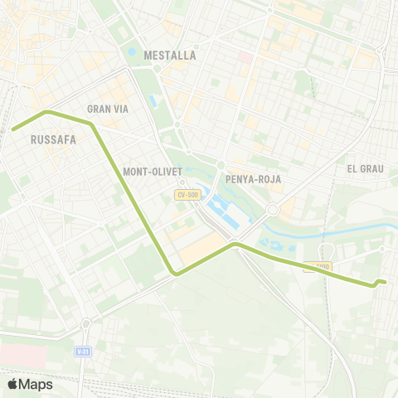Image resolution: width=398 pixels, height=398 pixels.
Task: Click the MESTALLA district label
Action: [170, 56]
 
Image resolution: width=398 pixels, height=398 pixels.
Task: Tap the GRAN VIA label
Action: [105, 109]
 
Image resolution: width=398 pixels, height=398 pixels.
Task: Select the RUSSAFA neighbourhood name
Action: [53, 139]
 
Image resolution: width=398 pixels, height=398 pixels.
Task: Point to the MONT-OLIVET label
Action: [147, 172]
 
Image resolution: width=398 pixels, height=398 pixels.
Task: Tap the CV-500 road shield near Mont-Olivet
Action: [187, 195]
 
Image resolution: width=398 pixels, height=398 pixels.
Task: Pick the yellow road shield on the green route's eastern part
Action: [318, 267]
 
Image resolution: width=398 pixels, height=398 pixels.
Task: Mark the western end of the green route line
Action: [12, 129]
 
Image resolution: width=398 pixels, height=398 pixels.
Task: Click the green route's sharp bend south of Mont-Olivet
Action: [174, 272]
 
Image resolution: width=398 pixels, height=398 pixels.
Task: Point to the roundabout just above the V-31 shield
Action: [85, 323]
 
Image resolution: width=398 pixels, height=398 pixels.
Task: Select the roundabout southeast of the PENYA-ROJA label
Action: [272, 211]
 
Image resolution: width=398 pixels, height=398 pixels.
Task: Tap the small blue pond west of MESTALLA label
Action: [132, 51]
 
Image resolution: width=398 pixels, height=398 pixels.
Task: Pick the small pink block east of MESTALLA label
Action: [245, 59]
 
